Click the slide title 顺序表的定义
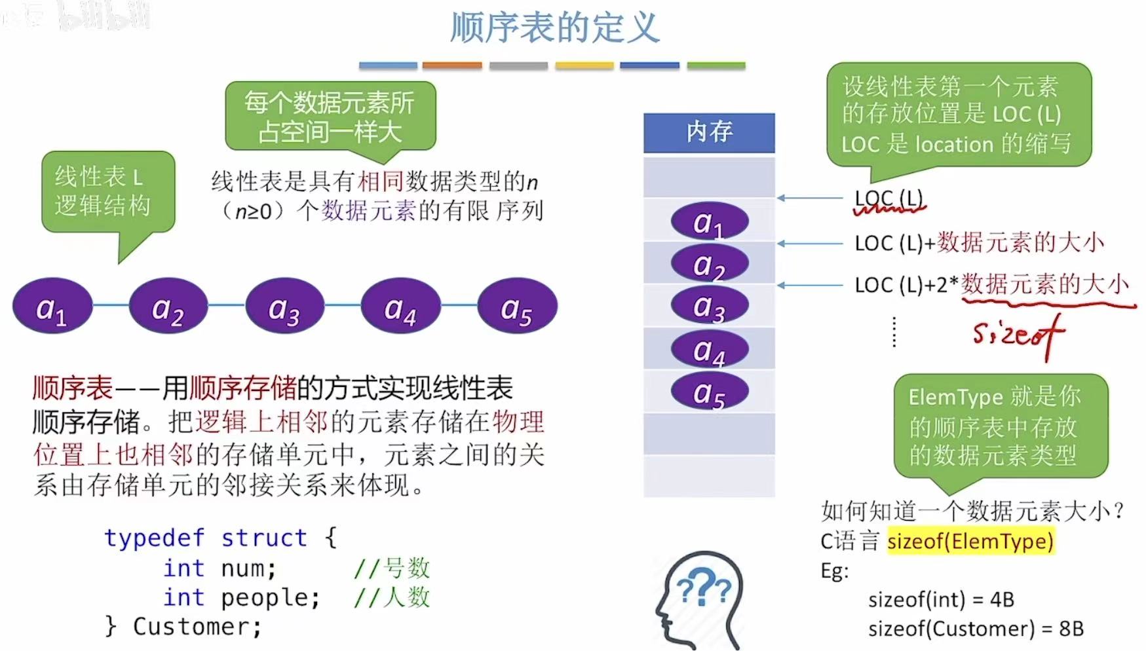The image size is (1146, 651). [554, 28]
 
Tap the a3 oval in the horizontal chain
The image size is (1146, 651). [284, 307]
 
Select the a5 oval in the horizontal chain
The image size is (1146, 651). [517, 307]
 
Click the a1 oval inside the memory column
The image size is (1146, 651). [709, 221]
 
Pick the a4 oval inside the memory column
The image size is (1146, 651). [709, 350]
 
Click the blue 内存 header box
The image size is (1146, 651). [709, 132]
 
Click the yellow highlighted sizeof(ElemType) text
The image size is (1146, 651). [970, 541]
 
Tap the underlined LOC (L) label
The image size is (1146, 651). [888, 198]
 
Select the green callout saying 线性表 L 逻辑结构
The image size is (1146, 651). [108, 191]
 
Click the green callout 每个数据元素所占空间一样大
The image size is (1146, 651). [330, 117]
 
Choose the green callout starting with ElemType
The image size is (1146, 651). [1001, 426]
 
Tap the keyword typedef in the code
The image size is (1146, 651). [155, 538]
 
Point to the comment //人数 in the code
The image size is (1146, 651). [392, 597]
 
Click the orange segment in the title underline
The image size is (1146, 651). [452, 65]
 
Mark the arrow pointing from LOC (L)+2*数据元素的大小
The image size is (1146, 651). [810, 285]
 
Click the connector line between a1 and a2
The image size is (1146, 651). [111, 305]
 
